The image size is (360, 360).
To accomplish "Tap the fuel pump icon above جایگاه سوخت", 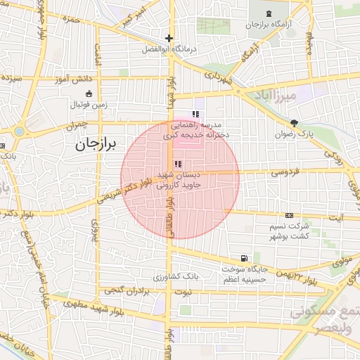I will click(x=243, y=258).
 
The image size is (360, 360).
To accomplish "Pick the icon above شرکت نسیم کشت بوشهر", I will click(x=289, y=215).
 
